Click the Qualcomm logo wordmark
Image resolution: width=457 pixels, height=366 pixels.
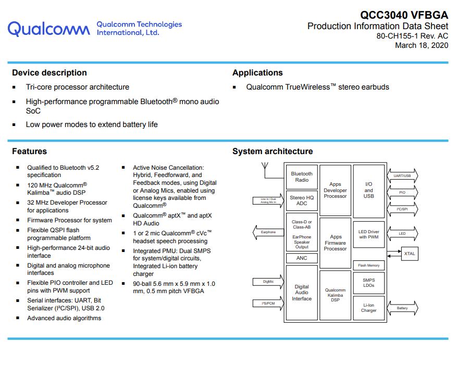[48, 29]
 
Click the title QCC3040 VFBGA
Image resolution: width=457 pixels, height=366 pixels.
[404, 15]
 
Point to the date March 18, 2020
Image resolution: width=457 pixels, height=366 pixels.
[421, 45]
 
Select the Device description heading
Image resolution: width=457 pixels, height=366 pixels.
[50, 73]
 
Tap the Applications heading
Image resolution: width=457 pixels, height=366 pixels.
[257, 73]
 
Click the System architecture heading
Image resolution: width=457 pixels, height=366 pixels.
[273, 152]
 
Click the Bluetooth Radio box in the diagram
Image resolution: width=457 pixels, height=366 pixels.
[302, 177]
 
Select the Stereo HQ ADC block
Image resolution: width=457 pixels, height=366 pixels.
[302, 200]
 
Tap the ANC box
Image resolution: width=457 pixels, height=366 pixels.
[302, 258]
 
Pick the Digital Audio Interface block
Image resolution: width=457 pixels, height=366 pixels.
[302, 293]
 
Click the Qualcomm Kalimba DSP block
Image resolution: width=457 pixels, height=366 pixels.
[335, 295]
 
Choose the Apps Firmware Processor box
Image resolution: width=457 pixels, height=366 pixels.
[335, 243]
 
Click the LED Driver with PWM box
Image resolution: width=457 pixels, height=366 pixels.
[369, 234]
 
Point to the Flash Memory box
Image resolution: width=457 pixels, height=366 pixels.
[369, 266]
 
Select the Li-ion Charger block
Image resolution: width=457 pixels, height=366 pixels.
[369, 308]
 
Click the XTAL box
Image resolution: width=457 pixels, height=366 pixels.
[410, 254]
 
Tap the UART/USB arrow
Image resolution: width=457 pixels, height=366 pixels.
[402, 176]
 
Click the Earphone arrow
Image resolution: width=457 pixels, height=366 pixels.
[268, 232]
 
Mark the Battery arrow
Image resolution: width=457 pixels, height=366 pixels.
[402, 308]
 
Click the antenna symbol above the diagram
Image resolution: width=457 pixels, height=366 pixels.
[265, 167]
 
